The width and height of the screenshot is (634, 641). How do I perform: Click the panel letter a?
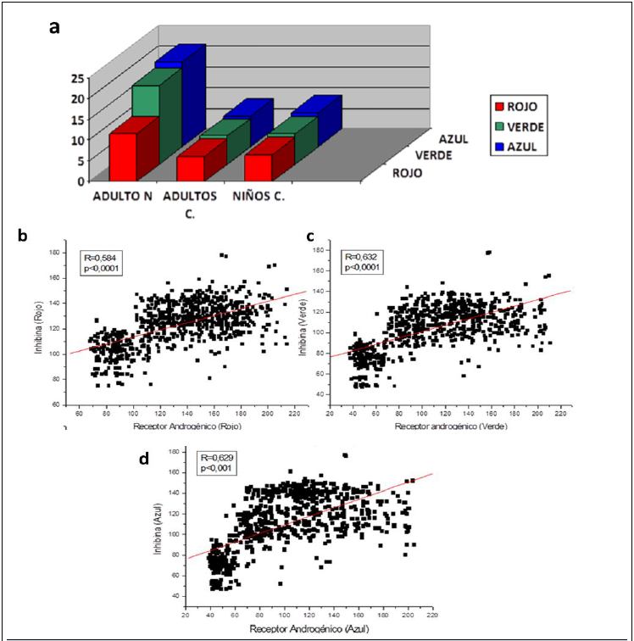(x=55, y=26)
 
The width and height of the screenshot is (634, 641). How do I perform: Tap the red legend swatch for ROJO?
(x=501, y=106)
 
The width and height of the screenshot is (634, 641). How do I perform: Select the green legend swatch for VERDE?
(x=501, y=126)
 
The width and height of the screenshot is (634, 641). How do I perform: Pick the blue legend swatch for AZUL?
(x=501, y=147)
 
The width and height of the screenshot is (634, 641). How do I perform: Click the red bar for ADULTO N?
(x=123, y=157)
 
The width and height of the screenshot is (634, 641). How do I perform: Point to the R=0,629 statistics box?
(x=219, y=462)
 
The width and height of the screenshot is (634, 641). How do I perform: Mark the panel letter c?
(x=311, y=235)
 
